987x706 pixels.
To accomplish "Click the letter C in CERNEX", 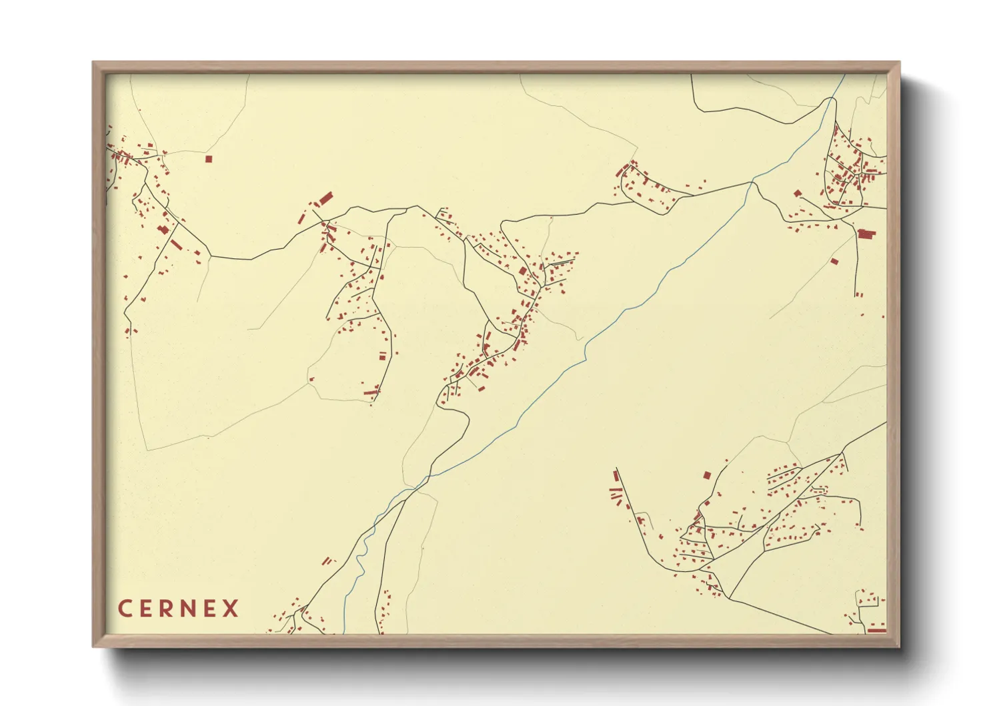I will pos(124,609).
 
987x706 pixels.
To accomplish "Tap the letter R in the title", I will pos(165,609).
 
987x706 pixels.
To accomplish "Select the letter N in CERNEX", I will pos(187,609).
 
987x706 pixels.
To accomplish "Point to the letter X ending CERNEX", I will pos(230,609).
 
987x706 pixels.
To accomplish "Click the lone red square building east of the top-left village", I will pos(208,159).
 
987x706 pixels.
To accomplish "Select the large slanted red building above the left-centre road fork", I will pos(325,198).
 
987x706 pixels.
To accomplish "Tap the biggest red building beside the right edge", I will pos(866,234).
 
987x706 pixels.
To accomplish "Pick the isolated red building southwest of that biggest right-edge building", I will pos(834,261).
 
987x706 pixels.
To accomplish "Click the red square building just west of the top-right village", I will pos(797,194).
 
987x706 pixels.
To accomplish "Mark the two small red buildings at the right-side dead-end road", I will pos(859,294).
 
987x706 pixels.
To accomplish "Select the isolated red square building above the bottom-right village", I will pos(707,475).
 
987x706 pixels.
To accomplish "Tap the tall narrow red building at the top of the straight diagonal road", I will pos(616,476).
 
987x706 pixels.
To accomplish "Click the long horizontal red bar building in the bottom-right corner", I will pos(876,629).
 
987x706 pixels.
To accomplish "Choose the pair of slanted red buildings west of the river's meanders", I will pos(327,561).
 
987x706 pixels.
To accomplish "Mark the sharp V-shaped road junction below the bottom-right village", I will pos(729,597).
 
